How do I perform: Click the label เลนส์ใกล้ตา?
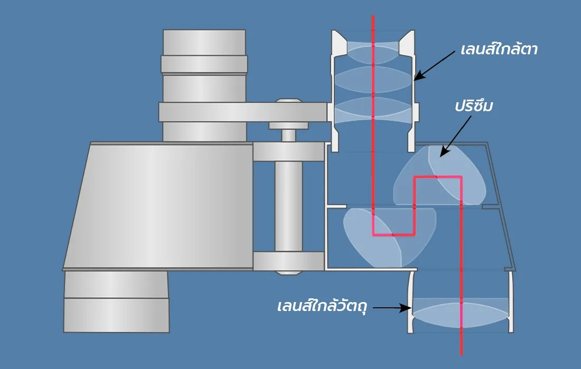click(x=499, y=50)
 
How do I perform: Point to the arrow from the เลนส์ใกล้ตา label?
click(x=434, y=65)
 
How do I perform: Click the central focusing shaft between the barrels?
click(x=288, y=206)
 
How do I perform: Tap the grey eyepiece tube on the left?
click(x=204, y=84)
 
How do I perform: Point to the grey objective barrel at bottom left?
click(x=116, y=302)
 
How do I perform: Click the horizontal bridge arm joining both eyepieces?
click(x=243, y=112)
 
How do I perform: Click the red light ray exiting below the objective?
click(x=462, y=343)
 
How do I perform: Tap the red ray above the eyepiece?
click(x=373, y=24)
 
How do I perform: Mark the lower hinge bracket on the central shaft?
click(x=288, y=261)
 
